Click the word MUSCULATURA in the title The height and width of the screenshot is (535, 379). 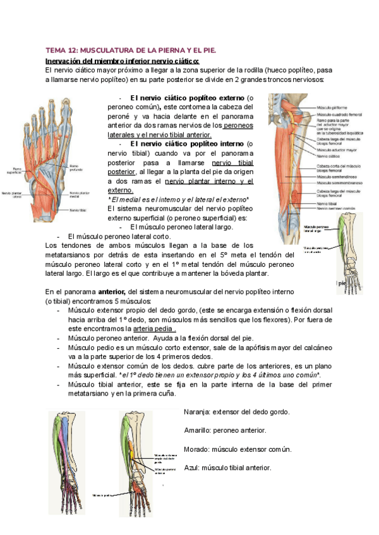pos(105,50)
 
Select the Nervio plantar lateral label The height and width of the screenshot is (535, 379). pos(11,195)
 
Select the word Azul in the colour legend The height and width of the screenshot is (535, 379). pos(192,467)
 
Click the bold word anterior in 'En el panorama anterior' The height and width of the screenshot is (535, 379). pos(112,293)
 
